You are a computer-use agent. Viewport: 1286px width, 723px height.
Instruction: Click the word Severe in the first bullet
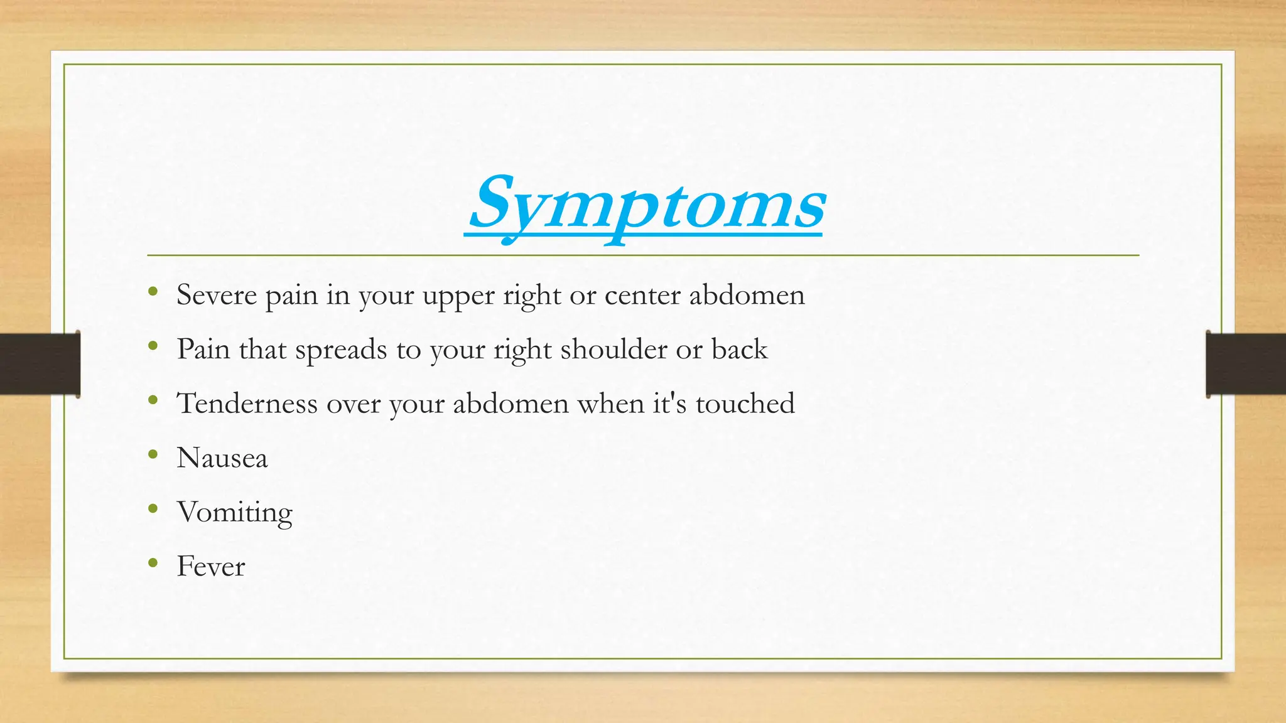coord(217,295)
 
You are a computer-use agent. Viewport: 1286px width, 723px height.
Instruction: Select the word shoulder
coord(613,350)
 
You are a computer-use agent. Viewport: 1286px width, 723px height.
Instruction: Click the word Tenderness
coord(247,404)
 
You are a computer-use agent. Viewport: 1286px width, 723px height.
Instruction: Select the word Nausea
coord(222,458)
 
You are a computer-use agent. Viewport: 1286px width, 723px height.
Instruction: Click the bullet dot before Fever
coord(153,563)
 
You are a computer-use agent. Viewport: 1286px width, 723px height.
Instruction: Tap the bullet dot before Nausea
coord(153,454)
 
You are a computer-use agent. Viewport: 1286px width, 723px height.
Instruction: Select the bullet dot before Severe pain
coord(153,291)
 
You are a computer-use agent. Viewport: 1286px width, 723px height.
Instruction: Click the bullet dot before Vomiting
coord(153,509)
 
